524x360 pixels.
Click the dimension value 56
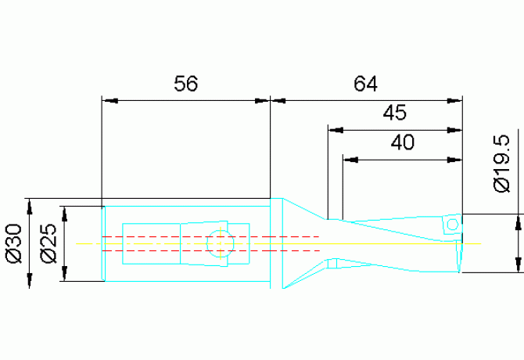coord(185,85)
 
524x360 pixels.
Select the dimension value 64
coord(365,84)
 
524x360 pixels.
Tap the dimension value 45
coord(395,113)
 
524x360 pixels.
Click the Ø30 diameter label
coord(13,243)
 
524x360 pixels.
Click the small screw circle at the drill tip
coord(451,225)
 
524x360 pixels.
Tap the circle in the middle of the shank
coord(220,243)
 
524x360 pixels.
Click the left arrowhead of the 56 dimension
coord(109,100)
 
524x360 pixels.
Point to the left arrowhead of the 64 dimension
coord(278,100)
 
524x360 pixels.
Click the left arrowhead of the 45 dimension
coord(334,129)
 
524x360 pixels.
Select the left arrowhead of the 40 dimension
coord(350,159)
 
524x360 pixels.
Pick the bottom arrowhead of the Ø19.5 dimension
coord(519,266)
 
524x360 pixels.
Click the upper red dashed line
coord(211,236)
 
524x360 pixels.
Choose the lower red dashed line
coord(211,250)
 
